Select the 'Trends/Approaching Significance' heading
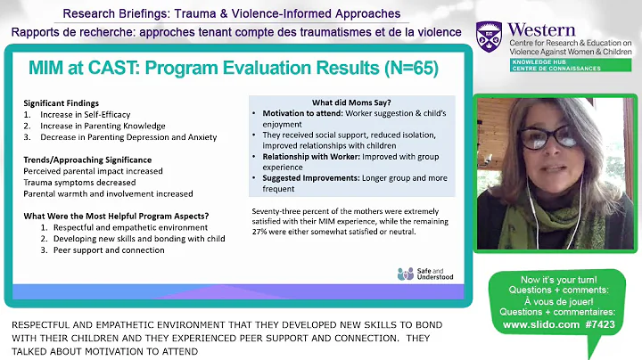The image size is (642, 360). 87,159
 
